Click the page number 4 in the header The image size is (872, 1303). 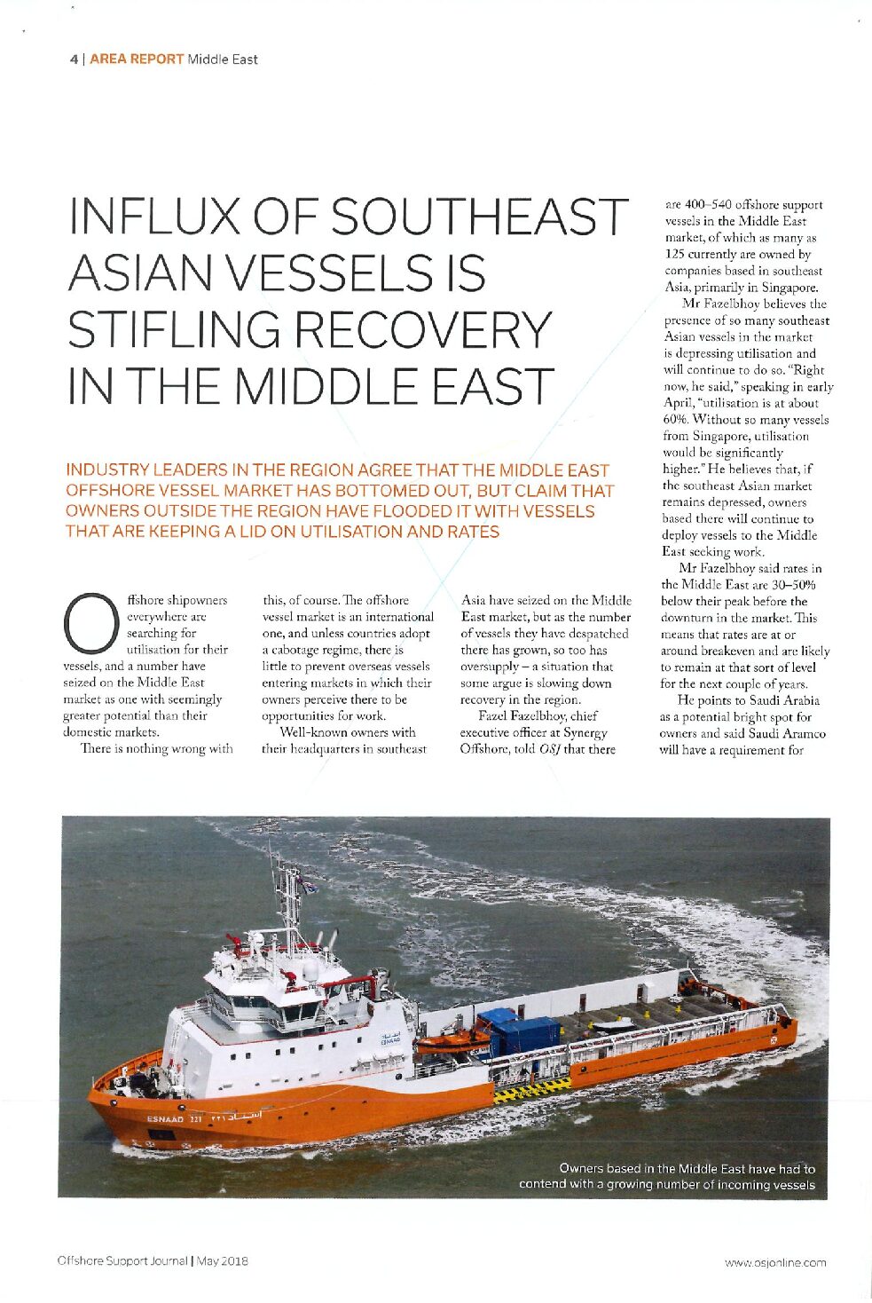click(73, 59)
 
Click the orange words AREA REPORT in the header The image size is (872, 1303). click(137, 59)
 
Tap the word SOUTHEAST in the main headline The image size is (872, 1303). click(480, 217)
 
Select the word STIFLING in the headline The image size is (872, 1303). click(175, 329)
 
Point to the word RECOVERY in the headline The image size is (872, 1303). click(423, 329)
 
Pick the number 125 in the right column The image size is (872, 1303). click(676, 255)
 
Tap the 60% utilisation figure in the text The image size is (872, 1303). click(675, 420)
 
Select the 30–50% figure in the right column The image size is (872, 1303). click(791, 585)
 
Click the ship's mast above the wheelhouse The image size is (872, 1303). click(287, 896)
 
